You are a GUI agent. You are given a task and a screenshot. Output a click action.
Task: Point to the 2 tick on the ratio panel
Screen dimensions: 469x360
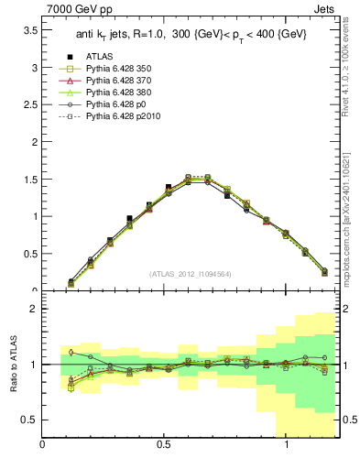coord(34,309)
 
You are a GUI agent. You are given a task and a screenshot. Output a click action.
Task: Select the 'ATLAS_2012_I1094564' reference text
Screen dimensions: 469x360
coord(191,273)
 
